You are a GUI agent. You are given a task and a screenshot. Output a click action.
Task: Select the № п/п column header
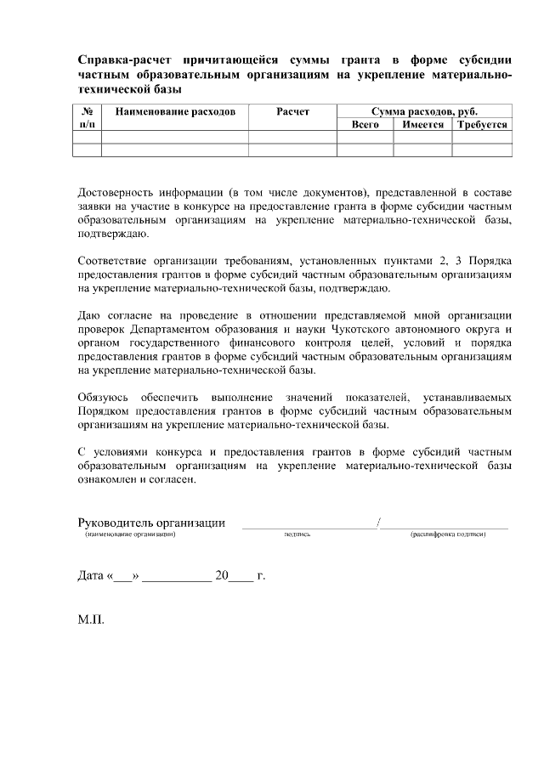(87, 117)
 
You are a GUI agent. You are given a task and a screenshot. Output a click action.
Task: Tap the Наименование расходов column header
(174, 111)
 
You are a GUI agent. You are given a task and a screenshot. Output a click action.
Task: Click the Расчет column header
(292, 111)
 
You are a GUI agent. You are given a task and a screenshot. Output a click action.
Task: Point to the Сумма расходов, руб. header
(425, 111)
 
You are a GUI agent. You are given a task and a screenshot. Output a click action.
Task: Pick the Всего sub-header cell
(365, 124)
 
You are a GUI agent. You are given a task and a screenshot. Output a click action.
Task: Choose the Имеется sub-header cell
(422, 124)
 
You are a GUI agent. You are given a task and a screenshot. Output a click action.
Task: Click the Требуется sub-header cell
(482, 124)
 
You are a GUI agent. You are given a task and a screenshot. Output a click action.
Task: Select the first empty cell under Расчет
(292, 137)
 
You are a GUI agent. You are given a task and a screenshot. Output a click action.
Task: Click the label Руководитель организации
(150, 523)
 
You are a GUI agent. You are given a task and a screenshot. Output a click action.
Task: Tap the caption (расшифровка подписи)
(446, 535)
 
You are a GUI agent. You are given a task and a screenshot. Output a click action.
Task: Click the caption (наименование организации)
(129, 535)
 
